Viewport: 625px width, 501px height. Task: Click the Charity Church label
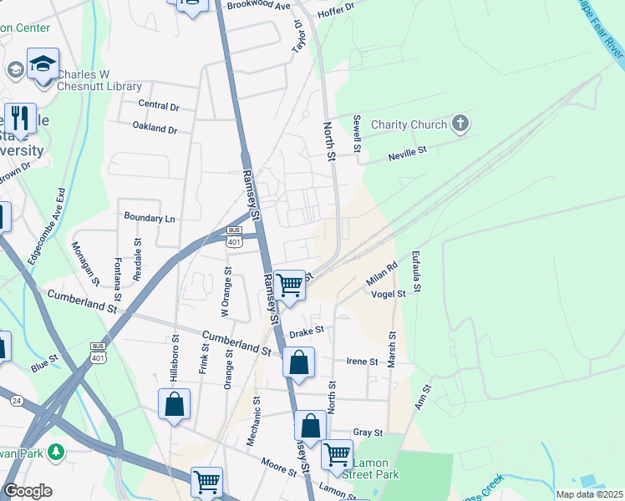409,125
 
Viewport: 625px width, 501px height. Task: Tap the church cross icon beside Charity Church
459,125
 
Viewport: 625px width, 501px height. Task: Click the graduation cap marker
43,63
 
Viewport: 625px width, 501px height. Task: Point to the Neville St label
407,153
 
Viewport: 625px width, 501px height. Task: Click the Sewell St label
357,134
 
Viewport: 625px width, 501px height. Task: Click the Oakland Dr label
155,129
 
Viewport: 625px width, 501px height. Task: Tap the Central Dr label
159,106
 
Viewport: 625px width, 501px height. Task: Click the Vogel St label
388,294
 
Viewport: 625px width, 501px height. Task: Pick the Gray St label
367,433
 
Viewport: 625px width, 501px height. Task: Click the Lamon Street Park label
374,468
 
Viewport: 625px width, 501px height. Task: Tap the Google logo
28,491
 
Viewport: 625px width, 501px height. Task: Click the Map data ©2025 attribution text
590,494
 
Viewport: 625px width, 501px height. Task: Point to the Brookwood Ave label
258,6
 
